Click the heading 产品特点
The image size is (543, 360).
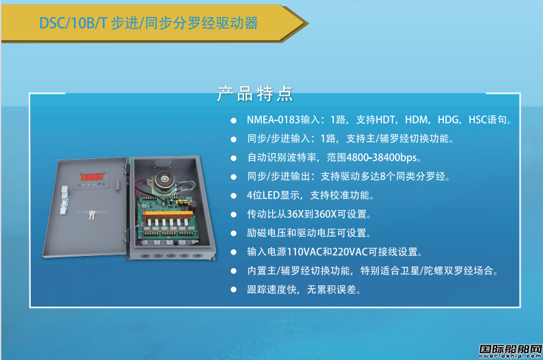(x=255, y=94)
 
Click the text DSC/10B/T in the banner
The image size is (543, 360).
(x=73, y=23)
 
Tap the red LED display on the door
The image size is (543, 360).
(x=92, y=177)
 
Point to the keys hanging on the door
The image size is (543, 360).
(x=92, y=214)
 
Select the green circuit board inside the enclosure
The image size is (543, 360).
(x=166, y=219)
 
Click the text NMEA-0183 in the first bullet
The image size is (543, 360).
(x=274, y=120)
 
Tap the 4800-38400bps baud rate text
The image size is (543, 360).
(x=382, y=157)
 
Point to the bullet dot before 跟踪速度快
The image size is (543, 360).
(x=234, y=290)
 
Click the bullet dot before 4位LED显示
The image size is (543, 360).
(x=234, y=196)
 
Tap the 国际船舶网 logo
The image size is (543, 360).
(x=510, y=350)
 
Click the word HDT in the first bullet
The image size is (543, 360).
(x=386, y=120)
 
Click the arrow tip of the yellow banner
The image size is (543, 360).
(x=308, y=23)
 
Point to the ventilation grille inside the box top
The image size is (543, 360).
(x=163, y=163)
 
